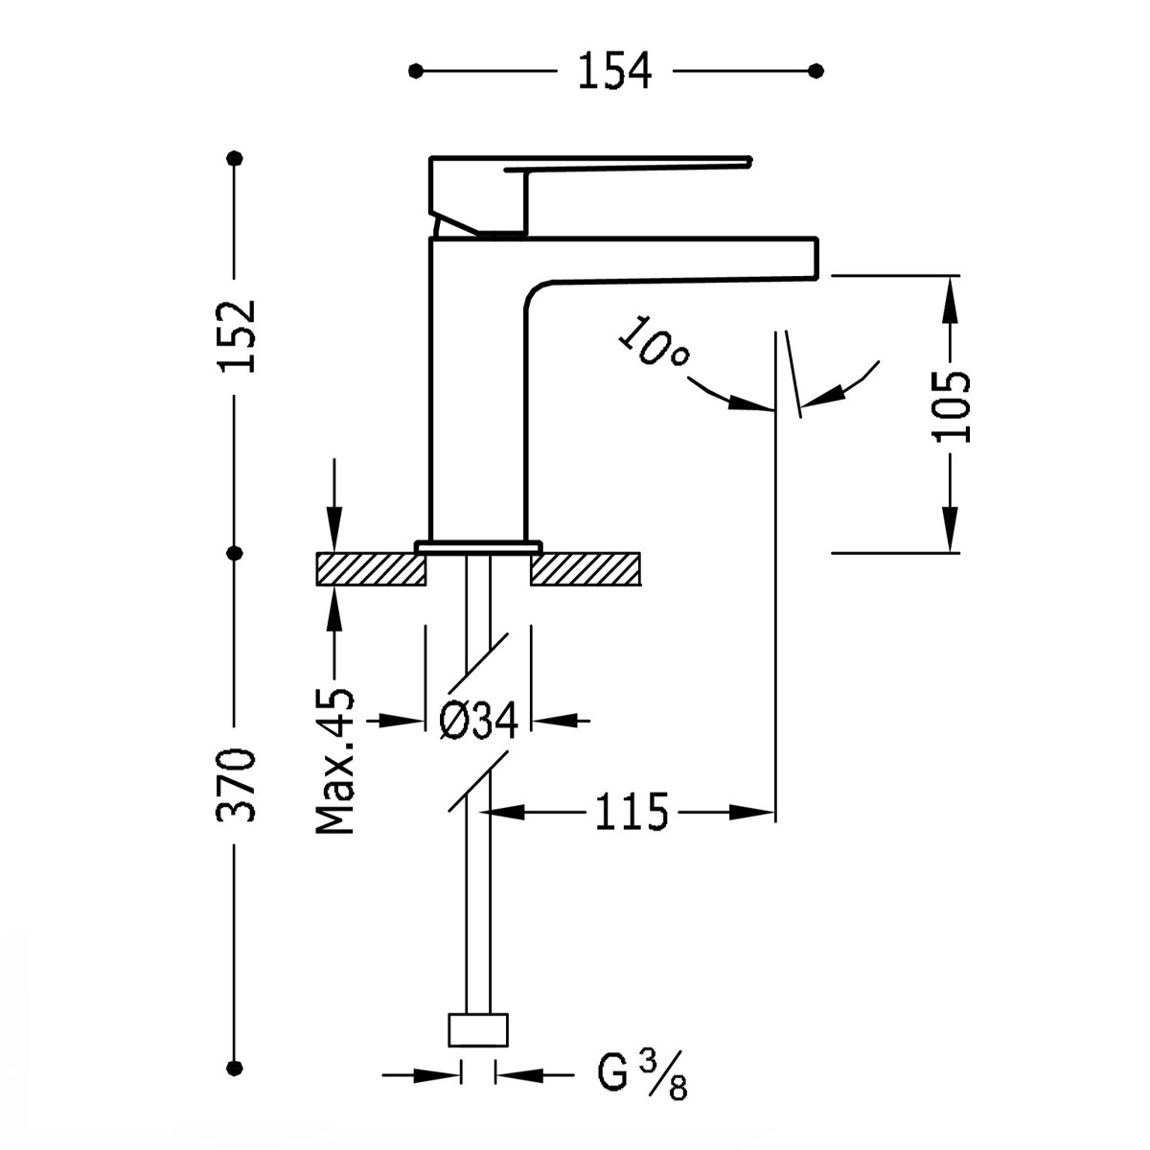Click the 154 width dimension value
coord(614,71)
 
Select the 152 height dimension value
coord(236,336)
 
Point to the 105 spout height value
coord(951,405)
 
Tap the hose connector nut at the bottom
coord(478,1031)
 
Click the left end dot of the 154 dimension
coord(415,71)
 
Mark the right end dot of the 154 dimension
coord(816,71)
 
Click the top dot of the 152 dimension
coord(236,158)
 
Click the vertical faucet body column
coord(477,402)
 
